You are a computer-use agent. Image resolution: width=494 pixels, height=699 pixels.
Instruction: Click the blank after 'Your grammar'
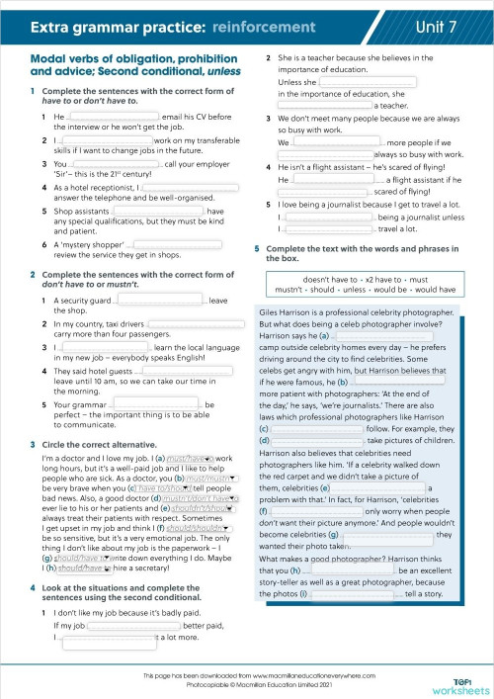click(158, 404)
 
